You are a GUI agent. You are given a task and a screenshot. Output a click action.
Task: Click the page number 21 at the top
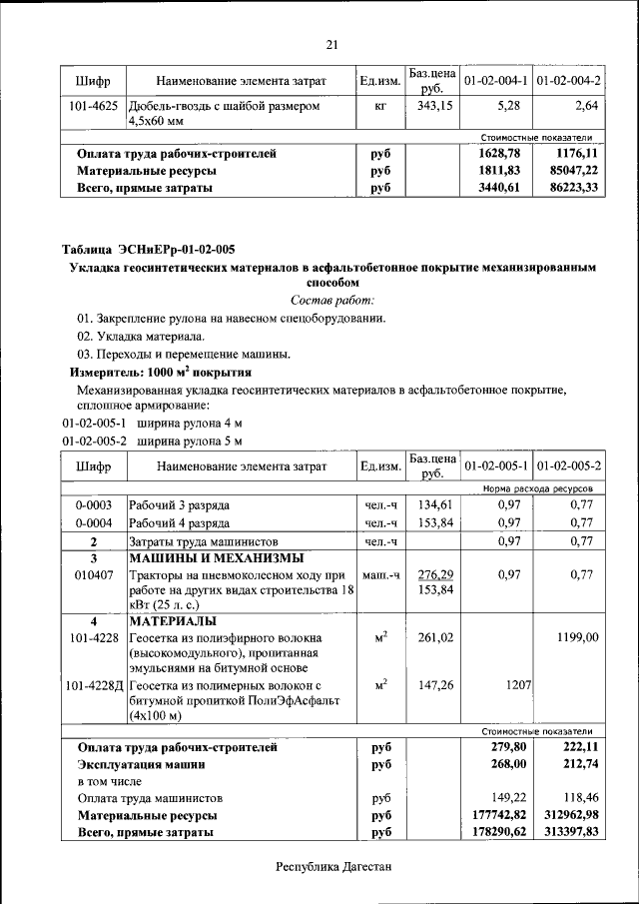332,43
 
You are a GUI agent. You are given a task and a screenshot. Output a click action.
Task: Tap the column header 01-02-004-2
568,79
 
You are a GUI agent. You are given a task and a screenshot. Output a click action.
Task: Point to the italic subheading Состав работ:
332,300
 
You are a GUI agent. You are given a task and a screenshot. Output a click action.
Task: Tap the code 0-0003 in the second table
93,504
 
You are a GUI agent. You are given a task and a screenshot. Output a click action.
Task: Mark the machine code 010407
93,575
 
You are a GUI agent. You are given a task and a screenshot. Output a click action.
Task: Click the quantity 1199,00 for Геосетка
578,637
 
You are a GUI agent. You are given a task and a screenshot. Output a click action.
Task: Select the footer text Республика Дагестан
332,866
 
